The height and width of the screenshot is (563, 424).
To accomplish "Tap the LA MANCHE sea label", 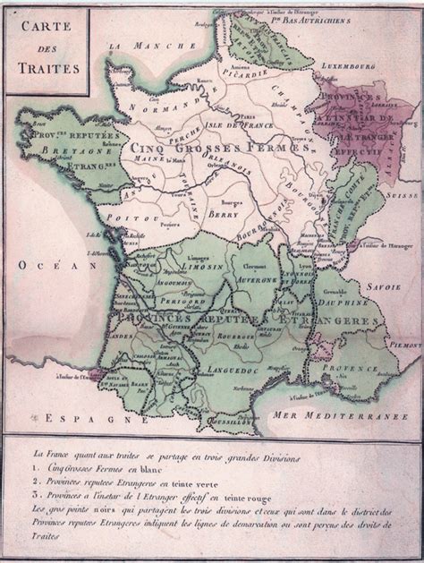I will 143,45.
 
